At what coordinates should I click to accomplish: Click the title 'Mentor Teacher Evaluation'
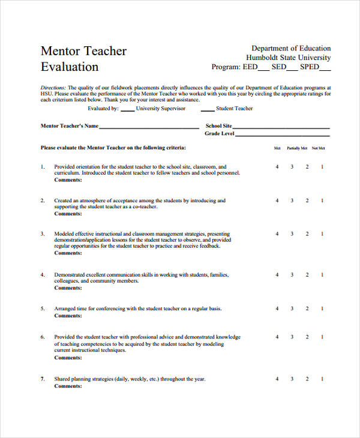(83, 59)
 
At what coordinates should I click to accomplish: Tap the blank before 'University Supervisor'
(127, 110)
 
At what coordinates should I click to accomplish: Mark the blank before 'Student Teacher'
(207, 110)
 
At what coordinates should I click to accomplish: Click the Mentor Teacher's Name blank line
(149, 128)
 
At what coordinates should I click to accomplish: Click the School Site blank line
(281, 128)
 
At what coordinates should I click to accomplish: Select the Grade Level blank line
(283, 135)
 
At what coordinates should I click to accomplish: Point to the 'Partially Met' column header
(297, 148)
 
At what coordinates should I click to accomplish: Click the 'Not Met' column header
(318, 148)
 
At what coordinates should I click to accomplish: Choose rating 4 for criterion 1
(277, 167)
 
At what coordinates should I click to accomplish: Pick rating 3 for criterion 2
(292, 201)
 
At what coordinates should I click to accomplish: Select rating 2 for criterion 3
(307, 234)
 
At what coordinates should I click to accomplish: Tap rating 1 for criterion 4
(322, 275)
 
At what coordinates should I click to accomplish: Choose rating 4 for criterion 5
(277, 309)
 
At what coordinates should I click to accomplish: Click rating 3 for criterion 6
(292, 337)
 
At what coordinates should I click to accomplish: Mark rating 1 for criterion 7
(322, 379)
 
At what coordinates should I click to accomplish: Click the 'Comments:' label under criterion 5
(68, 316)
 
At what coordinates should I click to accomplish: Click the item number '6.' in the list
(43, 337)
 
